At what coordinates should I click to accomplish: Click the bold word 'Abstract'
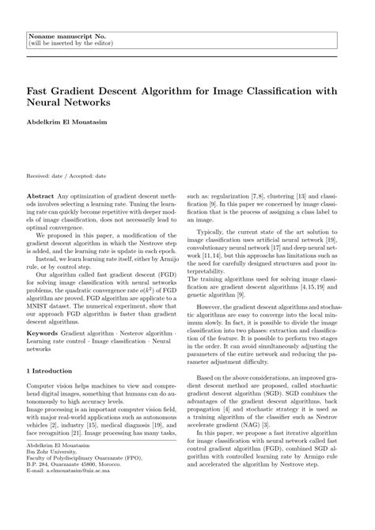click(40, 194)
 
